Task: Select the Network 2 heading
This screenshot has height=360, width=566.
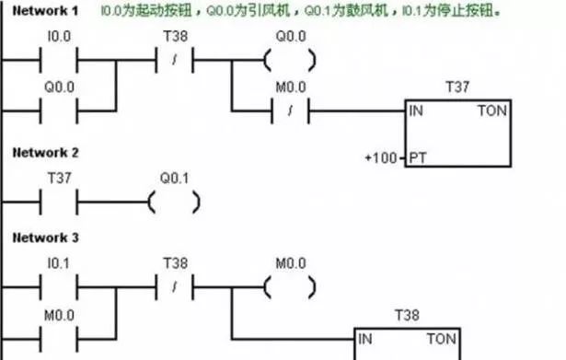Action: (42, 152)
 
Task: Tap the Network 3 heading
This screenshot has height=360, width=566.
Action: (42, 238)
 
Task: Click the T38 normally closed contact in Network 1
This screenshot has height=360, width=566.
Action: (175, 60)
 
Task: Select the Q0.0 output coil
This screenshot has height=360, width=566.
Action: (289, 60)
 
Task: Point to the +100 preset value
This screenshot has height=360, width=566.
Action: (381, 157)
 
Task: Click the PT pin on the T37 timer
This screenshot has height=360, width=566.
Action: (417, 157)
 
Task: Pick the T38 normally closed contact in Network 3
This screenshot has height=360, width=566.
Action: (175, 285)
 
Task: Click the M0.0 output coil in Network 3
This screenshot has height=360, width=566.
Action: (289, 285)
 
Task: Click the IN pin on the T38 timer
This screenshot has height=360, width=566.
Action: (365, 338)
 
